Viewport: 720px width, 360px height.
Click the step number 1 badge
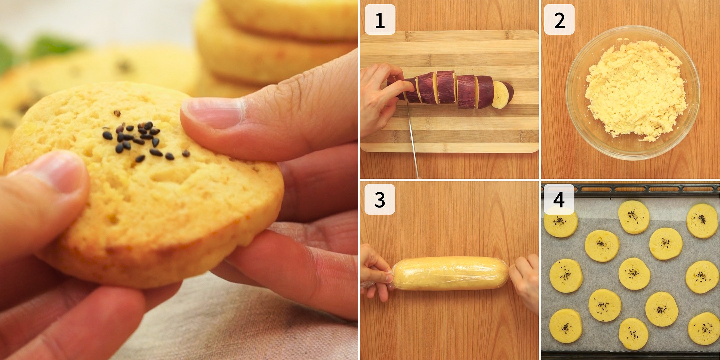click(380, 19)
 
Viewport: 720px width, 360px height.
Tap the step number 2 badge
click(559, 19)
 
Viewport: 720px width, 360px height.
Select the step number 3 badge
click(380, 199)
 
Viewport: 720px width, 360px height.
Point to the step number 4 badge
click(559, 199)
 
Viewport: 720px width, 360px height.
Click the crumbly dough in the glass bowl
click(635, 90)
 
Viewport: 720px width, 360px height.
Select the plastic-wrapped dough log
click(450, 273)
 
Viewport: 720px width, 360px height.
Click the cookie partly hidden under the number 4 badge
click(561, 225)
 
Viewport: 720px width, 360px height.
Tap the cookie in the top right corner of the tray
click(702, 221)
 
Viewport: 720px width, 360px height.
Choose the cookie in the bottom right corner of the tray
click(703, 328)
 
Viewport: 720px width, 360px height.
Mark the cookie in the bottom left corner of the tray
click(566, 326)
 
